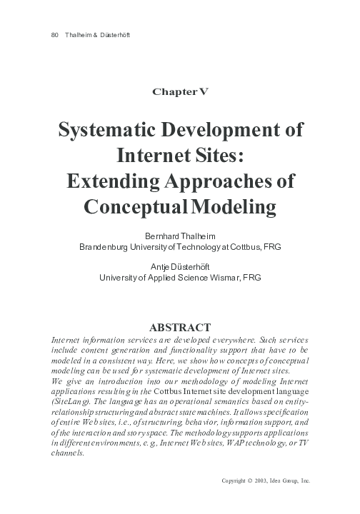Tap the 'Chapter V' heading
click(180, 91)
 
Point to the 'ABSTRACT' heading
click(179, 327)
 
